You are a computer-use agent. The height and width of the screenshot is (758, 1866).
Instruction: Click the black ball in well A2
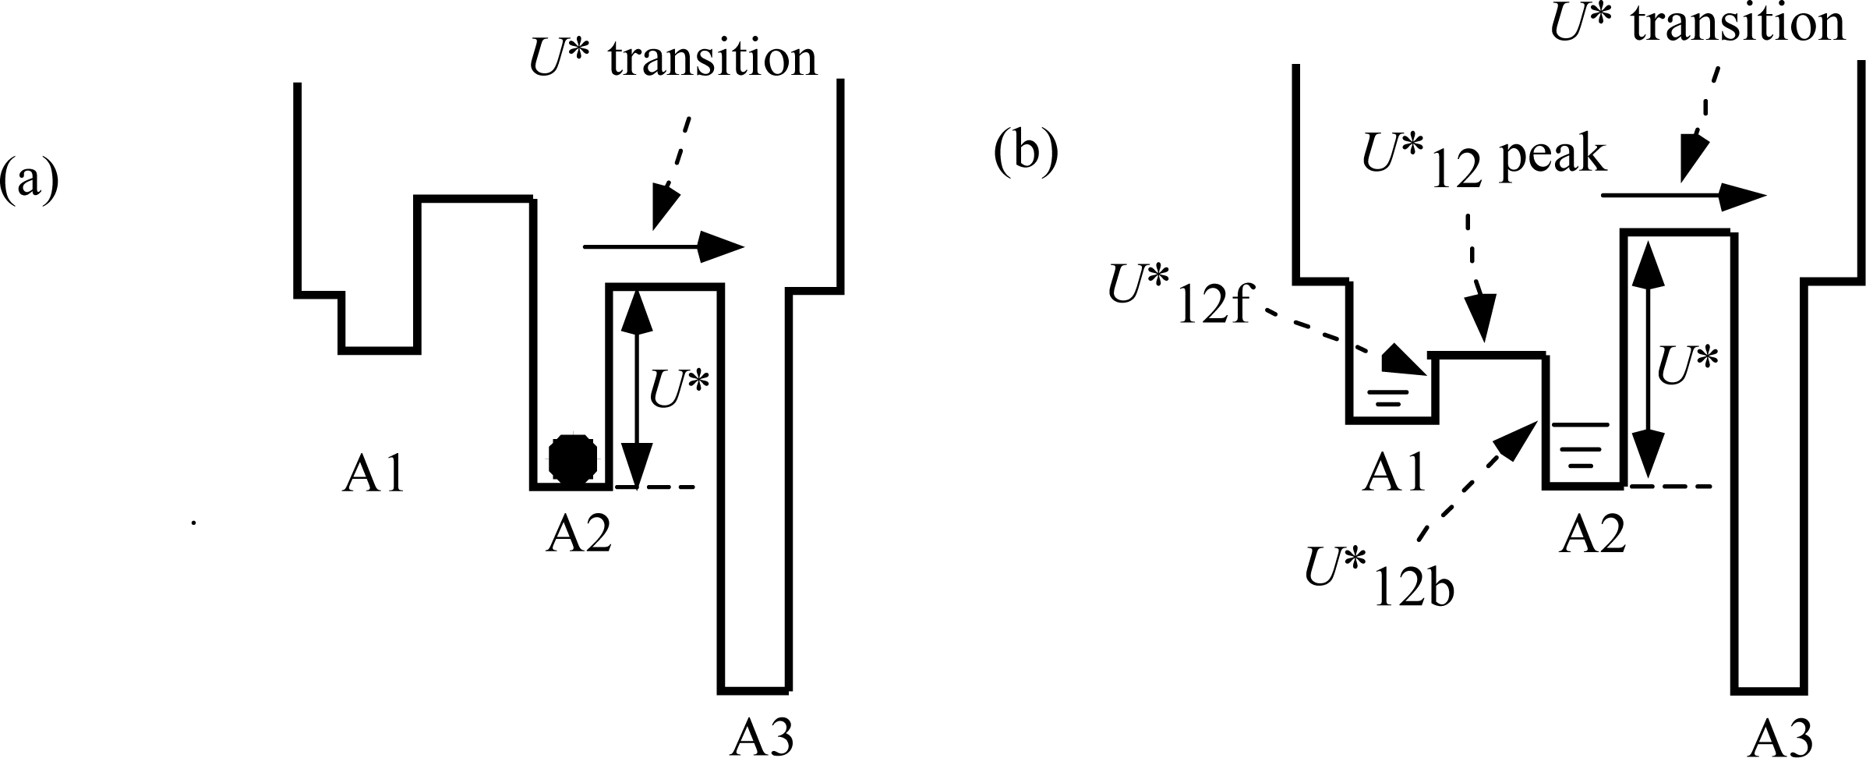pyautogui.click(x=574, y=461)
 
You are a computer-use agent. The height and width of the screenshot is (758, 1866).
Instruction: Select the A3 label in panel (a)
pyautogui.click(x=762, y=737)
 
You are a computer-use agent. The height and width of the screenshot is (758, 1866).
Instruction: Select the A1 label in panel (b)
pyautogui.click(x=1394, y=473)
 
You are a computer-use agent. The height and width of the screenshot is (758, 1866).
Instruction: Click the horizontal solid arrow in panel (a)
pyautogui.click(x=663, y=246)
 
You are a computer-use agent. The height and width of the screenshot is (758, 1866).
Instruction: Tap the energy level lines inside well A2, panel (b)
pyautogui.click(x=1581, y=448)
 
